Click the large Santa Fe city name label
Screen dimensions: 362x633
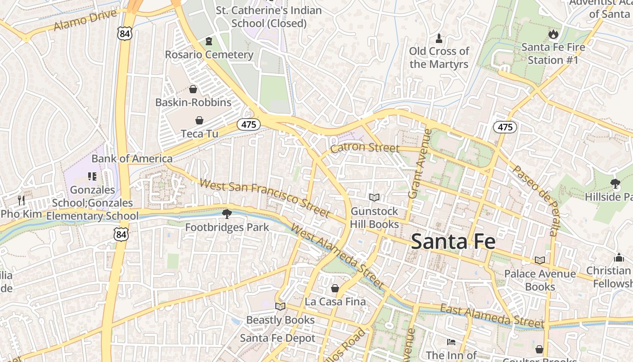(x=453, y=241)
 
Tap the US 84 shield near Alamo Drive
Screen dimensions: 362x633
(x=124, y=33)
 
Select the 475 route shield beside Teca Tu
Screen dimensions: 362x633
(x=248, y=124)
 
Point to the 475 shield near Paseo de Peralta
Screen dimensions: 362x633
(x=505, y=127)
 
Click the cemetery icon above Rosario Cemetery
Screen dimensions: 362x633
(x=208, y=42)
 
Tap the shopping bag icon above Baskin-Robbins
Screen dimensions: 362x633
(x=193, y=89)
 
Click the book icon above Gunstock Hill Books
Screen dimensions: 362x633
(x=374, y=197)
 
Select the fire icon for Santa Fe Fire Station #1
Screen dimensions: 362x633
(x=553, y=34)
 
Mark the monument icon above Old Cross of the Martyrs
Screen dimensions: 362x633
(x=439, y=38)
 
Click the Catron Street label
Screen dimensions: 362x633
(x=365, y=148)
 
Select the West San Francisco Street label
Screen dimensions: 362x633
(x=264, y=198)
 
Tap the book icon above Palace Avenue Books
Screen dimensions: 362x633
(x=539, y=260)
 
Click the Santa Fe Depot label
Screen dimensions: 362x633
(x=278, y=338)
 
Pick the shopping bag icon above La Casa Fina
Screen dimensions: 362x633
(x=335, y=288)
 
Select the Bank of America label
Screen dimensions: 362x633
(x=132, y=158)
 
